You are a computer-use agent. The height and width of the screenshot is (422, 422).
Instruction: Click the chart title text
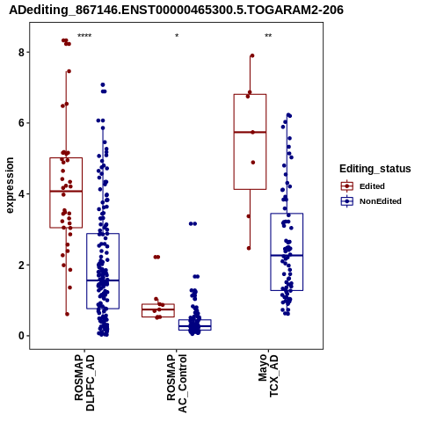pyautogui.click(x=176, y=11)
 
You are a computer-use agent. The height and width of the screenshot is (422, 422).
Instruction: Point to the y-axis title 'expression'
pyautogui.click(x=10, y=186)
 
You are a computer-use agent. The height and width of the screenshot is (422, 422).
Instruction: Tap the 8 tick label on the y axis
pyautogui.click(x=21, y=53)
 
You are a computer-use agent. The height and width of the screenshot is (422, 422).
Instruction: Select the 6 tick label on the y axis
pyautogui.click(x=21, y=123)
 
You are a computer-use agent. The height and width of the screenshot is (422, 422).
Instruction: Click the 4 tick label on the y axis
pyautogui.click(x=21, y=194)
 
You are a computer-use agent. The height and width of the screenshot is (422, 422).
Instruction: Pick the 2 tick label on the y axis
pyautogui.click(x=21, y=265)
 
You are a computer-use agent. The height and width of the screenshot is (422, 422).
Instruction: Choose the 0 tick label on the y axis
pyautogui.click(x=21, y=336)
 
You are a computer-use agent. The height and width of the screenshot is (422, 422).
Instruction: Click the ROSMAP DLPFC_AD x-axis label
pyautogui.click(x=84, y=382)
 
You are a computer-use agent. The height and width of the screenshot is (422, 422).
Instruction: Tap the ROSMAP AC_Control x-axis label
pyautogui.click(x=177, y=383)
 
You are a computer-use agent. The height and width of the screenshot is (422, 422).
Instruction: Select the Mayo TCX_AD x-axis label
pyautogui.click(x=268, y=375)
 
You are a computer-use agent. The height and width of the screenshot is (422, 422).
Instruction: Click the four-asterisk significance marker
pyautogui.click(x=84, y=36)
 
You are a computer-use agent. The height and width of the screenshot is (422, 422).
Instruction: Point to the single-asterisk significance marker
pyautogui.click(x=177, y=36)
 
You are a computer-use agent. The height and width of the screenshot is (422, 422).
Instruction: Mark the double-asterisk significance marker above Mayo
pyautogui.click(x=268, y=36)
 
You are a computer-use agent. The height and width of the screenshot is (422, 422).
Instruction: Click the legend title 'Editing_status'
pyautogui.click(x=375, y=169)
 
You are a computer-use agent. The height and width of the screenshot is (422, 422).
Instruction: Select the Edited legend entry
pyautogui.click(x=362, y=186)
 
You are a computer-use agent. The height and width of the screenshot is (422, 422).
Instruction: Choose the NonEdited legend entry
pyautogui.click(x=371, y=201)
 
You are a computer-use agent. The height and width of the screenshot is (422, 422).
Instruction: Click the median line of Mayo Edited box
pyautogui.click(x=250, y=132)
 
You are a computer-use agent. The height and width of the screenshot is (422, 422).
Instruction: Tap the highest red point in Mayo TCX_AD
pyautogui.click(x=252, y=55)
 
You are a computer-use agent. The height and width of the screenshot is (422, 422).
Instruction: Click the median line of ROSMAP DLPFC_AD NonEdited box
pyautogui.click(x=103, y=280)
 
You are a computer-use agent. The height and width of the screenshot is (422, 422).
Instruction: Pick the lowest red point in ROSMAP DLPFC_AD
pyautogui.click(x=67, y=314)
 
